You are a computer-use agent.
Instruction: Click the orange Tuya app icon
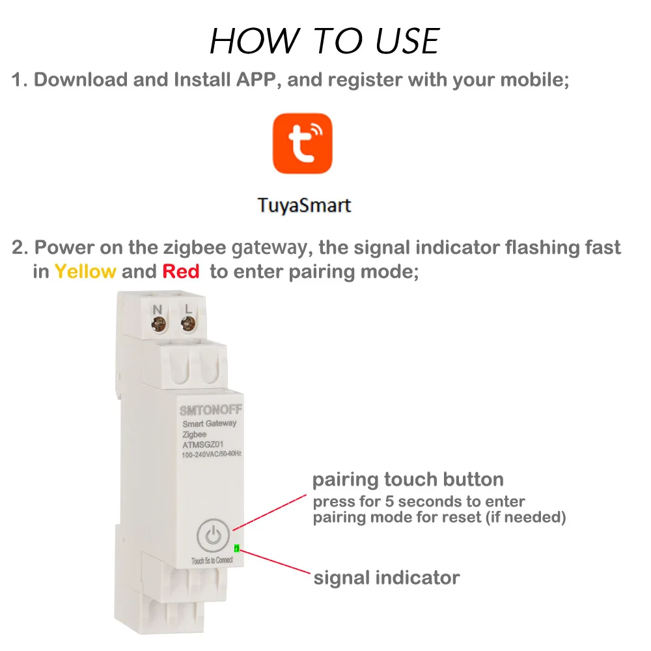302,144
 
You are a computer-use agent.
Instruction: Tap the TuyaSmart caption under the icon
304,206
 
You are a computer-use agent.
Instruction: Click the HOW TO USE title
325,42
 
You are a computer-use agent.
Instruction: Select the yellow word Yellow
85,271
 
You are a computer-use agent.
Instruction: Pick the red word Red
180,271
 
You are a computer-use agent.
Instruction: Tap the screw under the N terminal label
158,322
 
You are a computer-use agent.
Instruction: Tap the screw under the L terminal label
188,322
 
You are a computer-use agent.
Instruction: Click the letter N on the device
157,308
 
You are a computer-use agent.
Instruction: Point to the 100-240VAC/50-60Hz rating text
212,453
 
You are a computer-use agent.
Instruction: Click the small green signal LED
236,548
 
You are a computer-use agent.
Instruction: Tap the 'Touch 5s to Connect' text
213,561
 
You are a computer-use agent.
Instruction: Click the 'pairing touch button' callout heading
408,480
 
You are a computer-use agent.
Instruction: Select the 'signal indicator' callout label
387,577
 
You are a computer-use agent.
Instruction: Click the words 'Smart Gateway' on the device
210,424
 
